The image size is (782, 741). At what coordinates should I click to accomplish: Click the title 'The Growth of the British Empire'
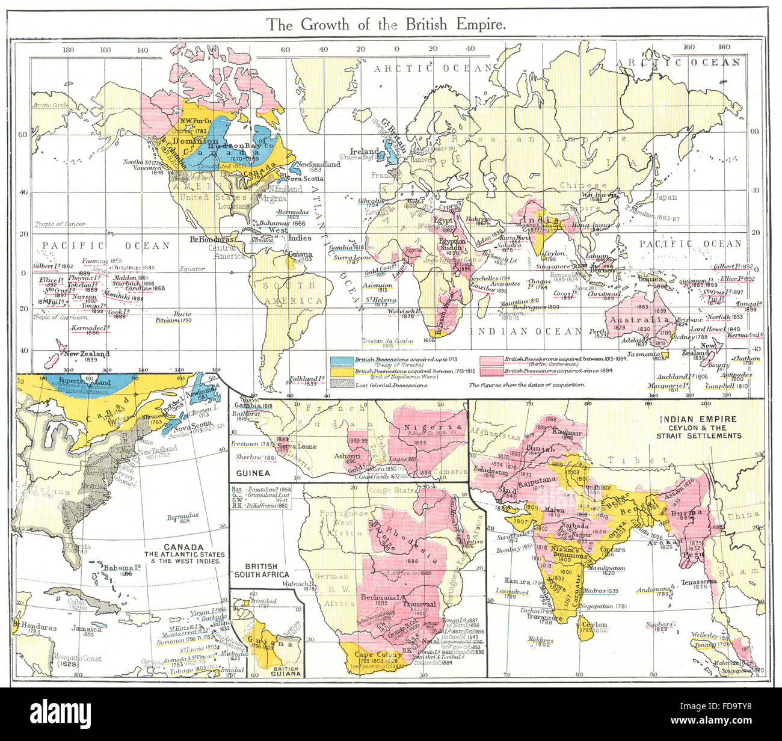386,25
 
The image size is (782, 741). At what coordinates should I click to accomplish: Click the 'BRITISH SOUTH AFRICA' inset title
261,570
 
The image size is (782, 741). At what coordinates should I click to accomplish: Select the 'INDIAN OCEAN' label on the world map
525,331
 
